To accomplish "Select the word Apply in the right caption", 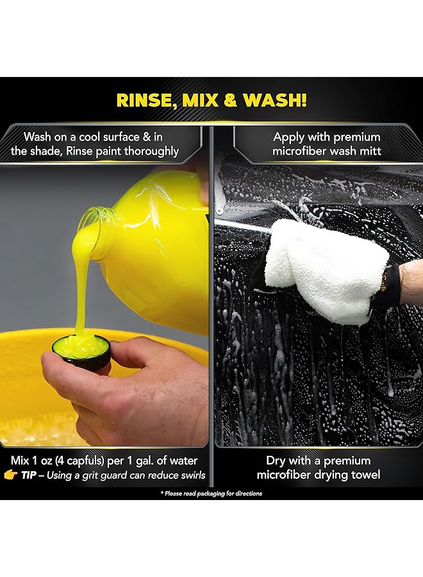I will click(x=290, y=137).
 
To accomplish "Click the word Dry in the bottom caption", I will click(x=276, y=460).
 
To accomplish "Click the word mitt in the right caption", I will click(x=369, y=151).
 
